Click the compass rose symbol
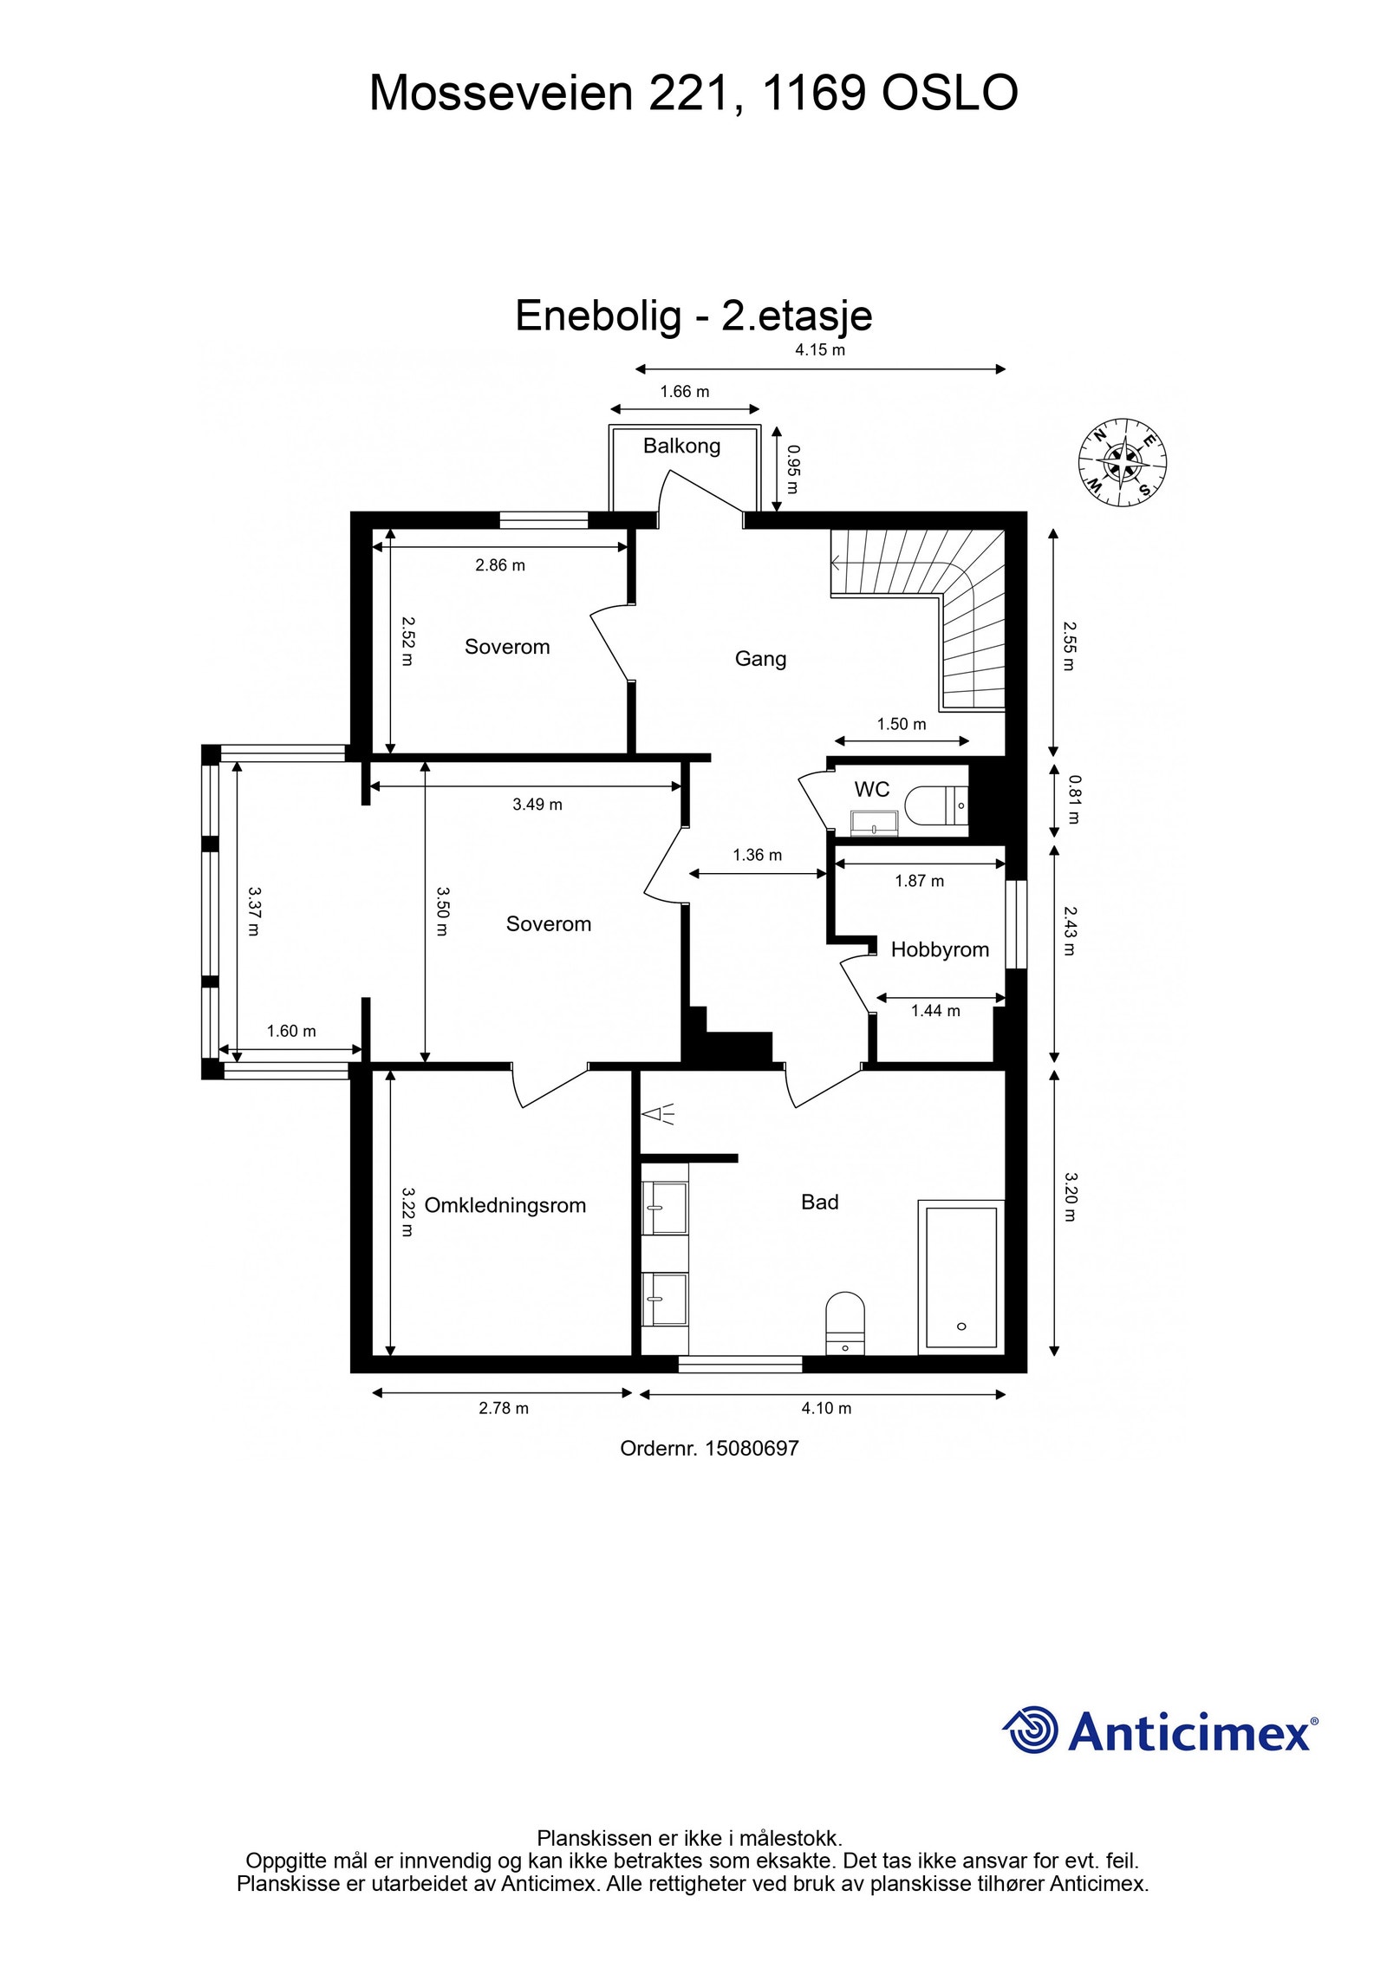pyautogui.click(x=1122, y=462)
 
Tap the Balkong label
pyautogui.click(x=681, y=446)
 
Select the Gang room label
pyautogui.click(x=760, y=659)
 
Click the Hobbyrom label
pyautogui.click(x=940, y=949)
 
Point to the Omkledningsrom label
pyautogui.click(x=505, y=1205)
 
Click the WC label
pyautogui.click(x=871, y=789)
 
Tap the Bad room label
pyautogui.click(x=819, y=1202)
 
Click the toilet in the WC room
pyautogui.click(x=936, y=805)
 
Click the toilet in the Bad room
pyautogui.click(x=845, y=1322)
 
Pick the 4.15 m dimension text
pyautogui.click(x=820, y=350)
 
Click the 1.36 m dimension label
pyautogui.click(x=757, y=855)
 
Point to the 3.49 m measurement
pyautogui.click(x=537, y=805)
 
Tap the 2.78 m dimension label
pyautogui.click(x=504, y=1408)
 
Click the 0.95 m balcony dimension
pyautogui.click(x=793, y=469)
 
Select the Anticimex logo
pyautogui.click(x=1159, y=1731)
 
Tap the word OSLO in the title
pyautogui.click(x=949, y=93)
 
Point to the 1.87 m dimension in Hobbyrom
pyautogui.click(x=919, y=881)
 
